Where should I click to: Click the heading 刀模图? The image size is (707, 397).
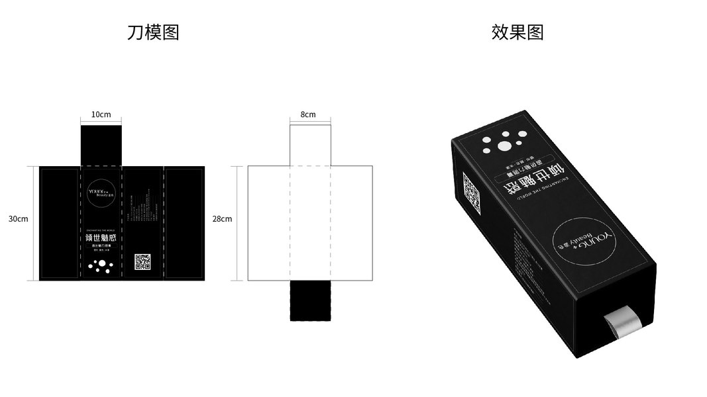click(x=153, y=32)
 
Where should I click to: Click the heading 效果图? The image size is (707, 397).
click(x=517, y=32)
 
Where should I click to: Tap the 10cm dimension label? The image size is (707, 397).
click(x=101, y=114)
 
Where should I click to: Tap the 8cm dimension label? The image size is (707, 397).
click(x=308, y=114)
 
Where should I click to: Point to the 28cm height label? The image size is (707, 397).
click(x=222, y=219)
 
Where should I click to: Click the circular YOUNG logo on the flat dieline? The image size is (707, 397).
click(x=101, y=191)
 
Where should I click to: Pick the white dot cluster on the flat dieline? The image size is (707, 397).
click(x=101, y=266)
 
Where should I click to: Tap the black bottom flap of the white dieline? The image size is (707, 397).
click(x=309, y=301)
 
